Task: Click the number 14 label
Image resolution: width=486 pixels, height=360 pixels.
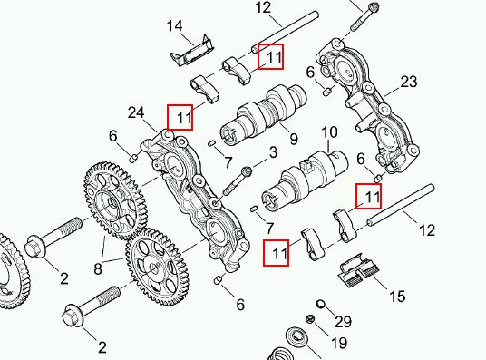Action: (x=174, y=26)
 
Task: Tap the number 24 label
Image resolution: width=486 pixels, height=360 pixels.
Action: (x=136, y=112)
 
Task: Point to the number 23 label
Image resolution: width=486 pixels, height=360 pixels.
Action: (x=409, y=83)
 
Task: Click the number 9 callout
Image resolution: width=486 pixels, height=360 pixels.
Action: (x=294, y=139)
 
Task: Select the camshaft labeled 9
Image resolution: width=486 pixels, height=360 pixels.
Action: (x=264, y=114)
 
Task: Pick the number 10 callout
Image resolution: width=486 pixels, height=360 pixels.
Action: (x=329, y=132)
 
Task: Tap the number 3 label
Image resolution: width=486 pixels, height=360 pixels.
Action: (x=273, y=152)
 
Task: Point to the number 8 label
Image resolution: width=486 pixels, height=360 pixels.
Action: (x=98, y=268)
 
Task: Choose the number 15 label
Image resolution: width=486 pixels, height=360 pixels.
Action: (x=397, y=297)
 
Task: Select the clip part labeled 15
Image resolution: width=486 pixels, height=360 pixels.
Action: (x=357, y=270)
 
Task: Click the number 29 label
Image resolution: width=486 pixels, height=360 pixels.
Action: (x=343, y=322)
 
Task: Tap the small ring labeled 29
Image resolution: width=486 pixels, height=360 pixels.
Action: (x=321, y=304)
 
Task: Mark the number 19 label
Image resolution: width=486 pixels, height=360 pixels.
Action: (x=339, y=343)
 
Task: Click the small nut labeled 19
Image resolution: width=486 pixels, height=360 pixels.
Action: (x=310, y=319)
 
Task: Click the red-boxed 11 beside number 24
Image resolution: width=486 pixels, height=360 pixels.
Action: (x=180, y=117)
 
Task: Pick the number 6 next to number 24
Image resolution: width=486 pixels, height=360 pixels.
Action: (x=112, y=136)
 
